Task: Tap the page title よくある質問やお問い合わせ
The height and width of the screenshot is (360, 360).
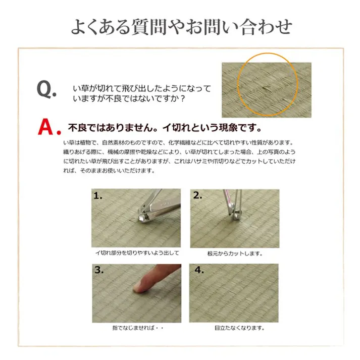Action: point(180,26)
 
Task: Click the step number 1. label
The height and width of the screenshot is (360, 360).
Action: point(98,196)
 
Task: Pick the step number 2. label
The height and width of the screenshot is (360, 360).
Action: point(197,196)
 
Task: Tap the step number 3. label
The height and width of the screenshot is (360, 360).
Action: point(99,270)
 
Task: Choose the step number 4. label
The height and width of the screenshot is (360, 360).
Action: point(199,270)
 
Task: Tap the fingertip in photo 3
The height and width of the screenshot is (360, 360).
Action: point(139,287)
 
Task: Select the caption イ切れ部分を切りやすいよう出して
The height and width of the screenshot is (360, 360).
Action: point(137,252)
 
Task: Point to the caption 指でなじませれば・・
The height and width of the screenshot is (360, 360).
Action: point(138,328)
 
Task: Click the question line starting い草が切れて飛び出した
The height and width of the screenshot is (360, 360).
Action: point(142,88)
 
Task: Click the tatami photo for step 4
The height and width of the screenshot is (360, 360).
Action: point(234,293)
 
